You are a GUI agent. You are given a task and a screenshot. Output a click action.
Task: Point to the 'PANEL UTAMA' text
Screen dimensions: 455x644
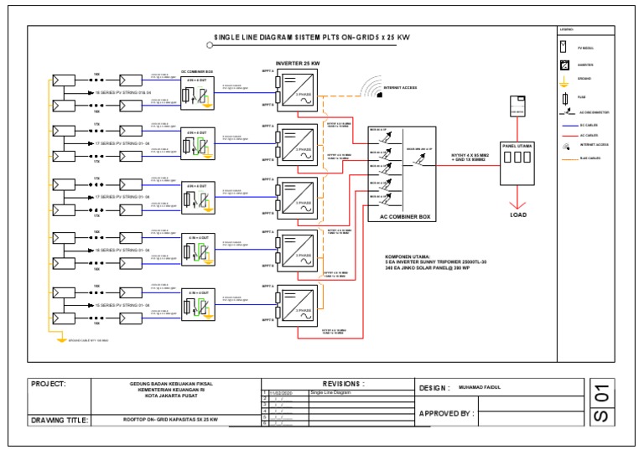pyautogui.click(x=517, y=145)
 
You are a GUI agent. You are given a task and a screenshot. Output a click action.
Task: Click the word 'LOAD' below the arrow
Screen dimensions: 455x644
pyautogui.click(x=517, y=214)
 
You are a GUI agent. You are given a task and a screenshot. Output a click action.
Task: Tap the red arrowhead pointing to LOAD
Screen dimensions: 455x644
pyautogui.click(x=517, y=203)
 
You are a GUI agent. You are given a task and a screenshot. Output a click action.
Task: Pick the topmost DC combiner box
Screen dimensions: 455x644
pyautogui.click(x=196, y=93)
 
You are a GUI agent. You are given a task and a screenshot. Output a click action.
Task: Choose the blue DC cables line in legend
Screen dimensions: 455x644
pyautogui.click(x=565, y=126)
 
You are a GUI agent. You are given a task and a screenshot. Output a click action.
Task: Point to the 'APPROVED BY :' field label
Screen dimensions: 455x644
pyautogui.click(x=447, y=413)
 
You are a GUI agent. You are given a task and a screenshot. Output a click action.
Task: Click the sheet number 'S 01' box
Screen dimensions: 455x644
pyautogui.click(x=600, y=403)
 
